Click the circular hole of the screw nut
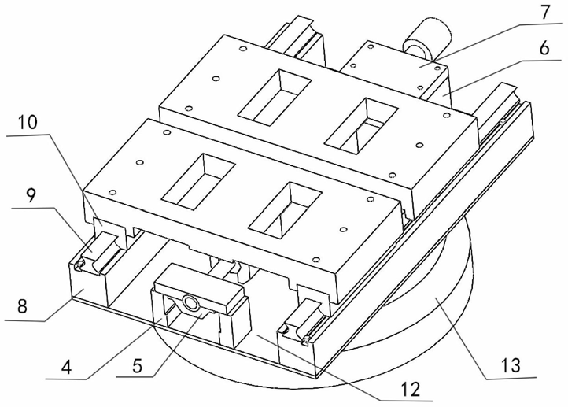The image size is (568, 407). coord(190,303)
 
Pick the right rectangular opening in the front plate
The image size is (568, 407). coord(287,211)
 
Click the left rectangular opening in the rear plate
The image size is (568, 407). coord(271,95)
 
